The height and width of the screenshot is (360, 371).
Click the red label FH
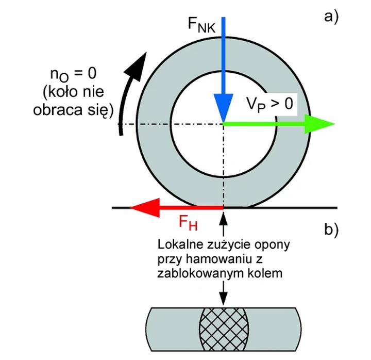[188, 223]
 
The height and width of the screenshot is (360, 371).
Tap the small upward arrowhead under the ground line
[223, 215]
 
